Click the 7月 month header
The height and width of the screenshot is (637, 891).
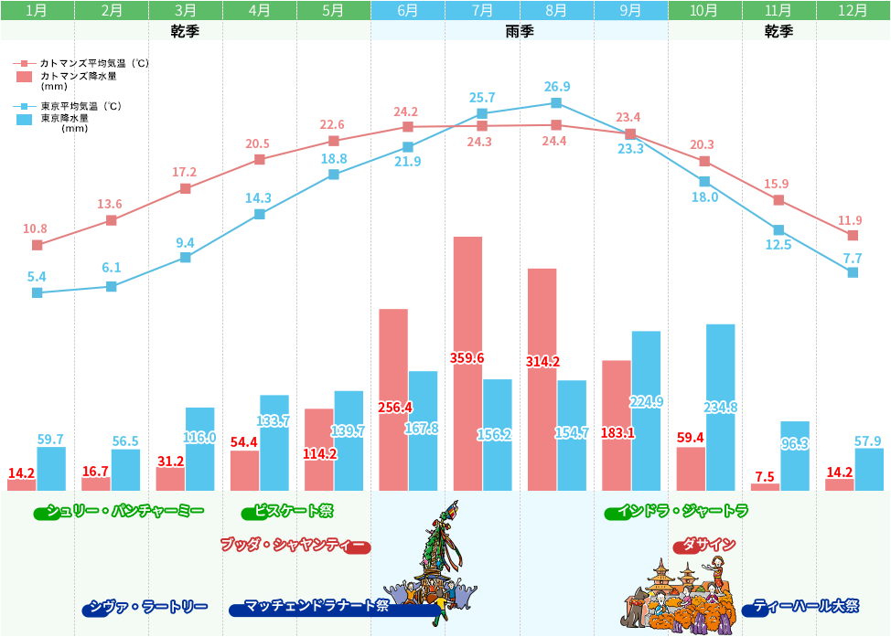pos(482,11)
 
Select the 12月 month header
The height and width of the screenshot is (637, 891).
pos(853,11)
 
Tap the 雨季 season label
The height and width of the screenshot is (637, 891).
pos(520,31)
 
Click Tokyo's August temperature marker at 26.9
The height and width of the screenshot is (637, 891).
pos(556,102)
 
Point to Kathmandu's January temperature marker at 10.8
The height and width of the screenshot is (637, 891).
pos(38,245)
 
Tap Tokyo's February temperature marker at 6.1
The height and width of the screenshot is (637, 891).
pos(112,286)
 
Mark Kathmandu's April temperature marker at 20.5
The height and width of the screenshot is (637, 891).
pos(260,159)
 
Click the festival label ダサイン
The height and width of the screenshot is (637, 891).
pos(704,546)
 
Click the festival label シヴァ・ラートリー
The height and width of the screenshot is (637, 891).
pos(145,607)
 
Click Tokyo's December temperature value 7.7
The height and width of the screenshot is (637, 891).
pos(853,259)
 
